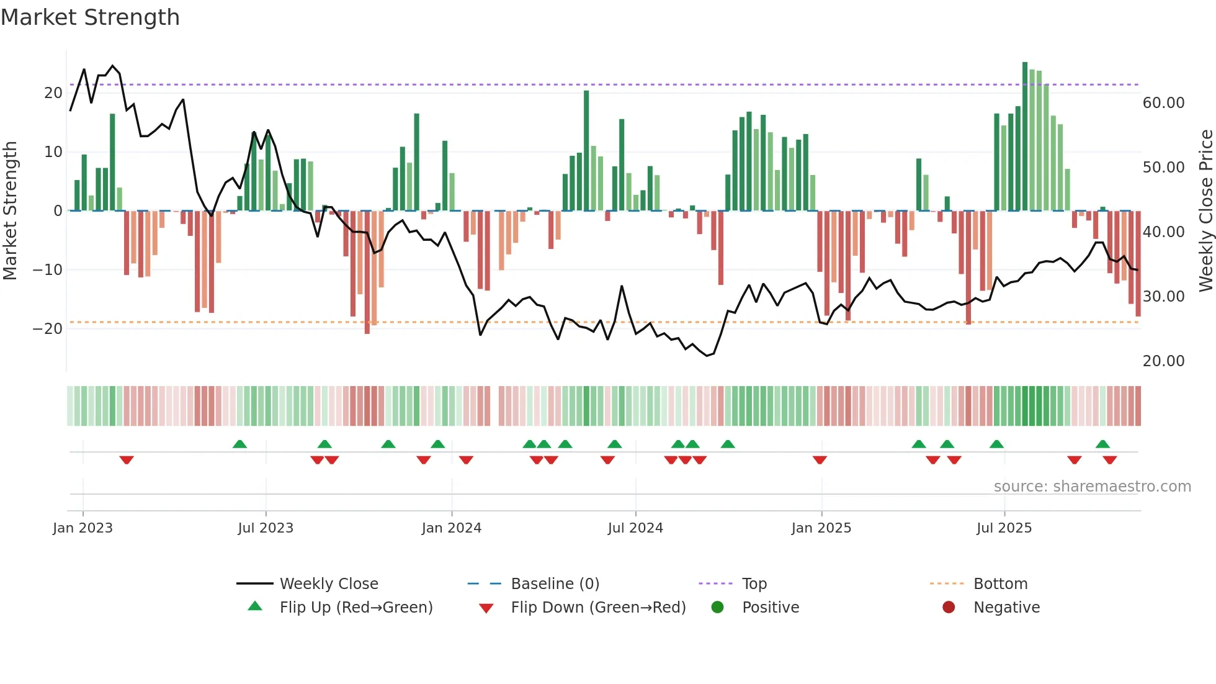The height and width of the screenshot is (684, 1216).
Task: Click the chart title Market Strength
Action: click(90, 17)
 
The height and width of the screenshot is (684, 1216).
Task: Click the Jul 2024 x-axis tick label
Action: click(635, 528)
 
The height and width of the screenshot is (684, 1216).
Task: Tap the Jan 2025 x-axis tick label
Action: click(821, 528)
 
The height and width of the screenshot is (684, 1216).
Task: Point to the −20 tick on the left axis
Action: click(48, 328)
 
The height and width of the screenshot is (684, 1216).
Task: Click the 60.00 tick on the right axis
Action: click(1163, 102)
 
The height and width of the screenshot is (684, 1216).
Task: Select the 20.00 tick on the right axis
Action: click(1163, 361)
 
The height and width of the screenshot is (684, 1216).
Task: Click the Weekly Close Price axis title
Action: click(1205, 210)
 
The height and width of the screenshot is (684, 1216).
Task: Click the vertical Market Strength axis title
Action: click(10, 210)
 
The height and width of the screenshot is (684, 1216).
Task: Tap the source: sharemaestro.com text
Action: click(1092, 486)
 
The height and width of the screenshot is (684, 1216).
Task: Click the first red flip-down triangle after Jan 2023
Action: click(127, 460)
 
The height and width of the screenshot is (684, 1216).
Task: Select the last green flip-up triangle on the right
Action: click(1102, 444)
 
